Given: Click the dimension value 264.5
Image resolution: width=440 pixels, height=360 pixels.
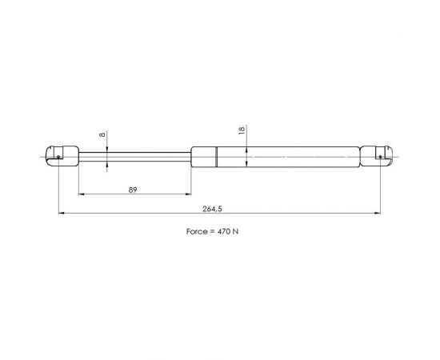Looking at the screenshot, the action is [212, 209].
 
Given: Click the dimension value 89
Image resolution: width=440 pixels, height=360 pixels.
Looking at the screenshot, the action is [133, 190].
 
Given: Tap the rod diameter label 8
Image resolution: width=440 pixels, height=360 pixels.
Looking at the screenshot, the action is [102, 134].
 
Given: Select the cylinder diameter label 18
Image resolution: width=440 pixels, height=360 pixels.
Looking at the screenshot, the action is [242, 130].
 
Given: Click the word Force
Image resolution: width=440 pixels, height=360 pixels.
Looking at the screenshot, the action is [197, 231].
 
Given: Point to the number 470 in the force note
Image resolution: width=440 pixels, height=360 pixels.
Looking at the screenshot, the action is [224, 231].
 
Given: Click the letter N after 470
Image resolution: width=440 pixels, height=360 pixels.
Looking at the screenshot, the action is [235, 231].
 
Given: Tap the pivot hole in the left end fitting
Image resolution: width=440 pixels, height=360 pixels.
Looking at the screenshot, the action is [58, 157].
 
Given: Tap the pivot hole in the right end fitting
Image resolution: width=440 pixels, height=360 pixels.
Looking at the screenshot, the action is [380, 157].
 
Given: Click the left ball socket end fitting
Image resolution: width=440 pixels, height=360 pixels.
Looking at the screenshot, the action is [62, 156].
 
